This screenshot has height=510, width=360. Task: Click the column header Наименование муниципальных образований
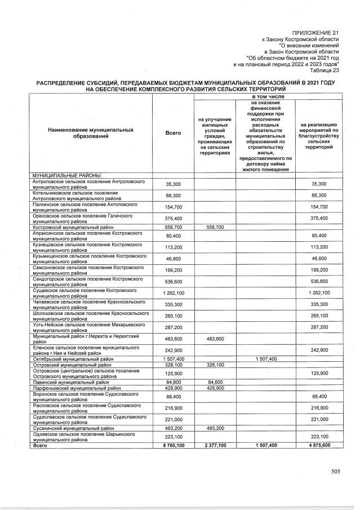pos(91,133)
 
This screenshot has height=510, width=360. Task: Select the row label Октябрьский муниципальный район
pos(74,358)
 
